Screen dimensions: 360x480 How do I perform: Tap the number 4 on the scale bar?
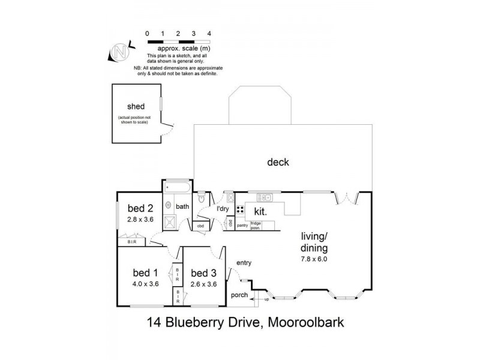tap(209, 33)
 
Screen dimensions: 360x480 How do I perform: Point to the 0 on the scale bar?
tap(147, 33)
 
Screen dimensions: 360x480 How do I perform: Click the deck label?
tap(279, 162)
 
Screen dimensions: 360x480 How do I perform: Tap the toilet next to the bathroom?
tap(202, 197)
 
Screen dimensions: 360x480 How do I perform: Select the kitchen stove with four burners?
tap(240, 209)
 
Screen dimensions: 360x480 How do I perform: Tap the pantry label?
tap(242, 226)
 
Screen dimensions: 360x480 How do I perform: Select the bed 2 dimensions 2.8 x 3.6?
tap(140, 220)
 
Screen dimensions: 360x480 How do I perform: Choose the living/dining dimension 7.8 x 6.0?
tap(315, 259)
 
